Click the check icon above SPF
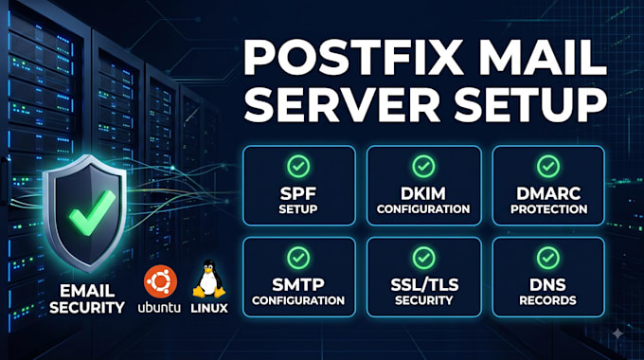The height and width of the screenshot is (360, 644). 298,167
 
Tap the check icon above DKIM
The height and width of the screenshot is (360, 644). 423,167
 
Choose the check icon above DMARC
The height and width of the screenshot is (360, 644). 548,167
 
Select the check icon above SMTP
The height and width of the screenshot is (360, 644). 298,258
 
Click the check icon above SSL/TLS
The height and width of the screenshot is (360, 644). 423,258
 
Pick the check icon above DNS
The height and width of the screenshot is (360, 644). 548,258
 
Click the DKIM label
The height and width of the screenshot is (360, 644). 423,193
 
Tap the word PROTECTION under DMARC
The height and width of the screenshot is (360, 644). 548,209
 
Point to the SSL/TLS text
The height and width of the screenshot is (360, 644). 424,285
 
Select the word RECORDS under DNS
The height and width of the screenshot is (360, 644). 548,300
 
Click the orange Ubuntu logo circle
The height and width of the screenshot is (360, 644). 161,281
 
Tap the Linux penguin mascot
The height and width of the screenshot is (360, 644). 209,279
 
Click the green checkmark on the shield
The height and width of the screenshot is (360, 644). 93,212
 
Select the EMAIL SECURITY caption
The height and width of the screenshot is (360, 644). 87,299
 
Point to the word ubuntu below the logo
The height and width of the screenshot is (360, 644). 159,307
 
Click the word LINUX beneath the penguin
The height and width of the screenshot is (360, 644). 209,308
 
